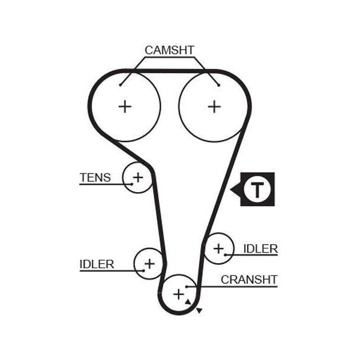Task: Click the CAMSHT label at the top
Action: (169, 50)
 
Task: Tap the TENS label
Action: (95, 178)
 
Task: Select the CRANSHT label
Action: (249, 280)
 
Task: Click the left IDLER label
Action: (97, 264)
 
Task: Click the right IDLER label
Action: (260, 249)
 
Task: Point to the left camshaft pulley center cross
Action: (125, 107)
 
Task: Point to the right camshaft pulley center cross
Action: (214, 107)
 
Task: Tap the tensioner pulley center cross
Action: (138, 177)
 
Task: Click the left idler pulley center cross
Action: (149, 263)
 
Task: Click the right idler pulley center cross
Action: (218, 248)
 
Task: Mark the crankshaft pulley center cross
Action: (179, 295)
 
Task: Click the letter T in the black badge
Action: (257, 190)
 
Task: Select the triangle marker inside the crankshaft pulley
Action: (188, 302)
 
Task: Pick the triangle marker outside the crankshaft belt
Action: (199, 311)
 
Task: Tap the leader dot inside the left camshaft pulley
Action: (120, 85)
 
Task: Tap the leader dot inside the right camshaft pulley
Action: (219, 85)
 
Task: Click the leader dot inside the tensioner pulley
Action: (132, 184)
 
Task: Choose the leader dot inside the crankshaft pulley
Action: (187, 287)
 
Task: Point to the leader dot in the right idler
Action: (226, 255)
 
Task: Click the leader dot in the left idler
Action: (144, 271)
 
